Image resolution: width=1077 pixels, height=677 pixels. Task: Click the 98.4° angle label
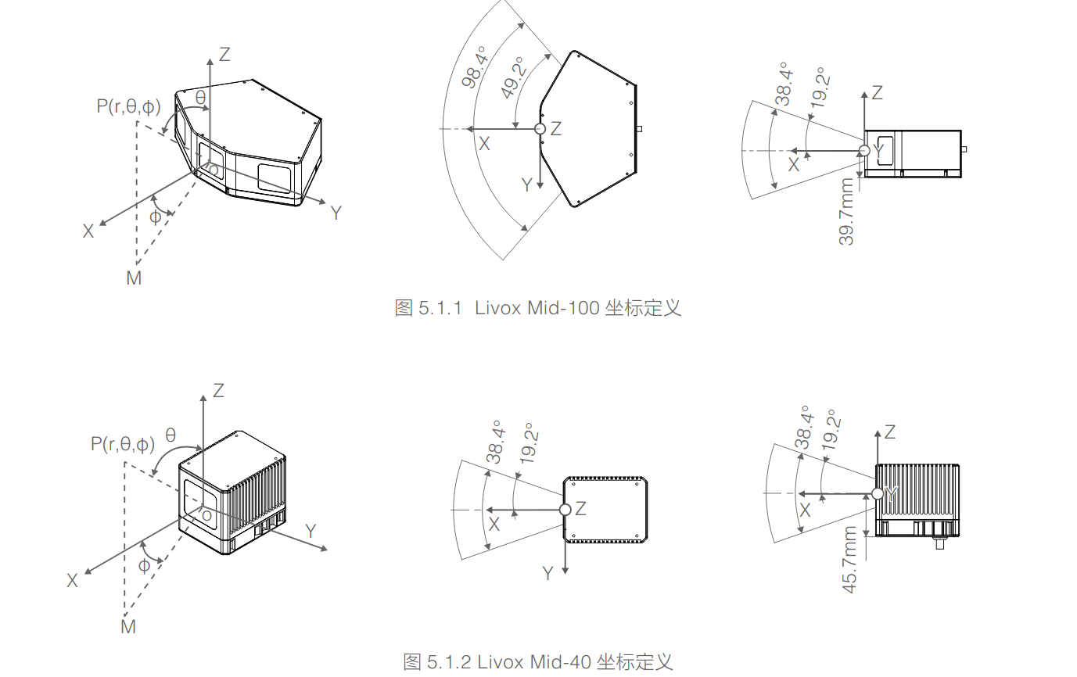[x=474, y=68]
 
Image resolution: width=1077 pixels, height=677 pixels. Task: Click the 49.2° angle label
[x=514, y=79]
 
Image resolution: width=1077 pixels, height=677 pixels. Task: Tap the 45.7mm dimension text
[x=849, y=560]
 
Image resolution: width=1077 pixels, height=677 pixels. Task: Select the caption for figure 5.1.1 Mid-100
[x=538, y=307]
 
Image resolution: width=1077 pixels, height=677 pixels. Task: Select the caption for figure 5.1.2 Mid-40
[x=538, y=662]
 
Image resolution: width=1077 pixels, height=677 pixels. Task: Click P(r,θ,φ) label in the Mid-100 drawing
[x=128, y=106]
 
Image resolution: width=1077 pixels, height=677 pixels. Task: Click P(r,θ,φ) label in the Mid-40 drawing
[x=123, y=445]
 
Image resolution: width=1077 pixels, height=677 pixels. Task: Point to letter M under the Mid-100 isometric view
[x=134, y=278]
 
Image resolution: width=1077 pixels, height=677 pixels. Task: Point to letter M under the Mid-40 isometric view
[x=128, y=626]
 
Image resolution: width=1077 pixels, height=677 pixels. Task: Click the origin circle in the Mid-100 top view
[x=539, y=129]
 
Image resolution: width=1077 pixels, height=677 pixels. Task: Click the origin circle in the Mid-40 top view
[x=565, y=510]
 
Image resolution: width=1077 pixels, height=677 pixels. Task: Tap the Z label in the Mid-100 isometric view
[x=224, y=54]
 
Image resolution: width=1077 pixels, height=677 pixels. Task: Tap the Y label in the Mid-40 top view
[x=548, y=573]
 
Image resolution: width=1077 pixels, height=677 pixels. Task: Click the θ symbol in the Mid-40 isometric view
[x=171, y=435]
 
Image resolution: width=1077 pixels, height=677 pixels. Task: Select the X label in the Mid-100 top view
[x=484, y=144]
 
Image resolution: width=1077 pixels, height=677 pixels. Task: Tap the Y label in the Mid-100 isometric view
[x=336, y=213]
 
